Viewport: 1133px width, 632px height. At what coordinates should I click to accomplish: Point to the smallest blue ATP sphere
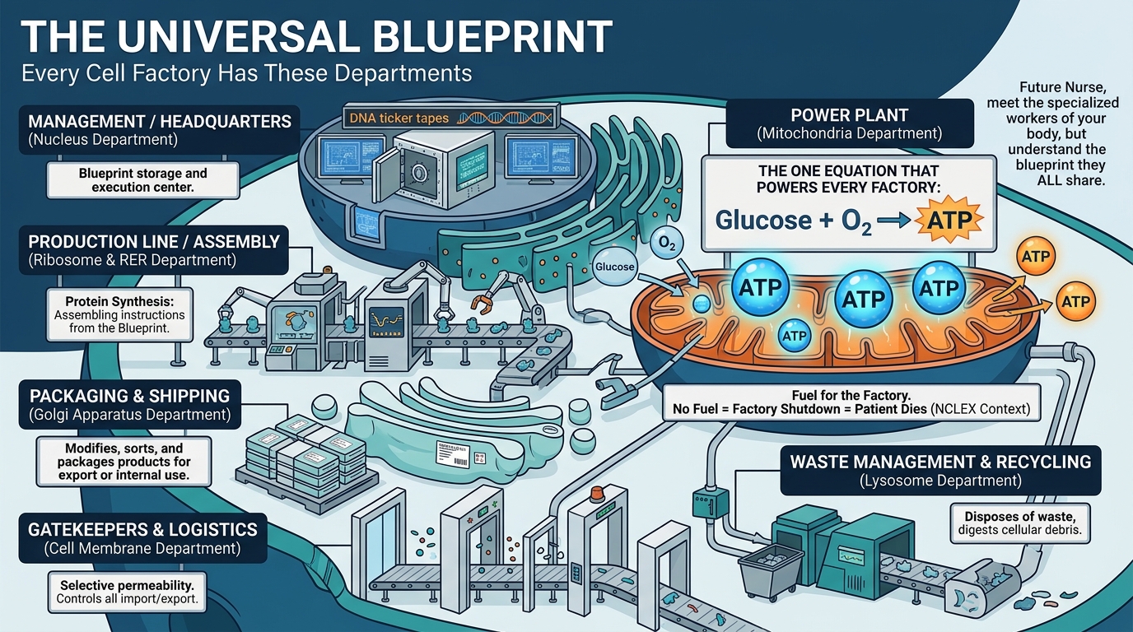[794, 335]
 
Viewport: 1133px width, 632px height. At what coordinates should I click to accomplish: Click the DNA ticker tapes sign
[399, 118]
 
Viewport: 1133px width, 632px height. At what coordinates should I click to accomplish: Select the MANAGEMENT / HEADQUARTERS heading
[160, 122]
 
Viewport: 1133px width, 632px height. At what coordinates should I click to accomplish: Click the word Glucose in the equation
[763, 220]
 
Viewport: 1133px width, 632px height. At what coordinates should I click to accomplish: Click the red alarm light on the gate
[598, 494]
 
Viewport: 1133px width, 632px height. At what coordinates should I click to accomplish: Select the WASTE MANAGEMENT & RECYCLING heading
[940, 461]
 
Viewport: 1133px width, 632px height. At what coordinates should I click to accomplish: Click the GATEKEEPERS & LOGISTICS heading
[143, 529]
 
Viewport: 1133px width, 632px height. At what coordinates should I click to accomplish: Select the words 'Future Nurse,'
[1056, 87]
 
